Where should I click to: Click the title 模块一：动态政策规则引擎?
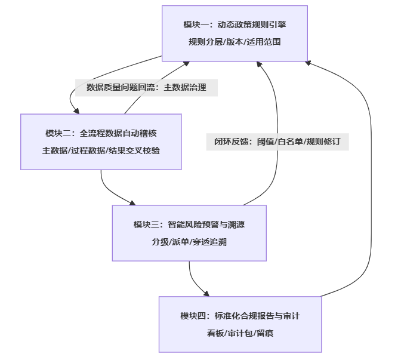[x=235, y=24]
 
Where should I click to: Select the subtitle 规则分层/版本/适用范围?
[x=235, y=42]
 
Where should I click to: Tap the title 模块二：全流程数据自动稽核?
[x=101, y=133]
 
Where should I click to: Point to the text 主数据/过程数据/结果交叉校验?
[x=101, y=150]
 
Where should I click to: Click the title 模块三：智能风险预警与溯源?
[x=189, y=224]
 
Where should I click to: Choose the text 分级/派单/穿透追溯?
[x=189, y=242]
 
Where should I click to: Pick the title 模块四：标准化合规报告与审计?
[x=240, y=316]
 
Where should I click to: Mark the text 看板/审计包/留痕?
[x=240, y=333]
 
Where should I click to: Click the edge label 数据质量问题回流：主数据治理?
[x=146, y=88]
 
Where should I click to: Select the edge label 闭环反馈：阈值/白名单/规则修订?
[x=277, y=142]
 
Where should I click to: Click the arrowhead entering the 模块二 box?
[x=76, y=110]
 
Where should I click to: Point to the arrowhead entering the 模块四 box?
[x=206, y=293]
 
